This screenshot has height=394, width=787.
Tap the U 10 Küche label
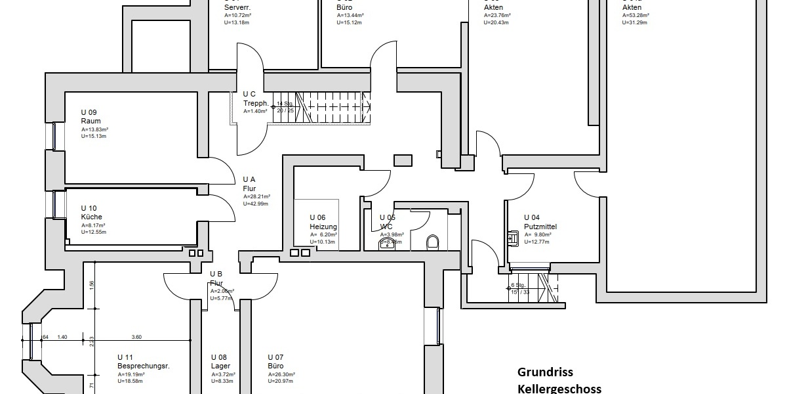click(x=92, y=213)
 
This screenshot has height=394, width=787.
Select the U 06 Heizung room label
click(x=323, y=222)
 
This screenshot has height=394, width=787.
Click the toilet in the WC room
click(x=432, y=242)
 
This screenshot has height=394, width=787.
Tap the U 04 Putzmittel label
click(x=540, y=222)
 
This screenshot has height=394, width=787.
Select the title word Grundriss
click(x=545, y=372)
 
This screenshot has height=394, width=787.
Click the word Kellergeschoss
click(x=559, y=389)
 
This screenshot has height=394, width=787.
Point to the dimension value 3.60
click(x=137, y=337)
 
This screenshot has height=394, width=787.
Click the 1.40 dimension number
click(x=63, y=337)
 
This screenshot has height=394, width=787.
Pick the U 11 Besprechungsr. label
click(x=143, y=362)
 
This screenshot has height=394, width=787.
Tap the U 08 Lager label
click(x=220, y=362)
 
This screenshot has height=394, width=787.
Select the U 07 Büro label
click(x=276, y=362)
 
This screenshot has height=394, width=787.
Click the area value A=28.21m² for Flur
click(x=256, y=196)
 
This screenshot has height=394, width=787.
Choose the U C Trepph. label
click(x=255, y=98)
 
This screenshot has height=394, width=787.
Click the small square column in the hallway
click(x=403, y=160)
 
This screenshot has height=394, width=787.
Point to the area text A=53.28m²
click(x=636, y=15)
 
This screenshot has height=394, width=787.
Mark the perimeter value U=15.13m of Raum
click(x=94, y=137)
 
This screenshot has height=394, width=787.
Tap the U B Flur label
click(x=217, y=278)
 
